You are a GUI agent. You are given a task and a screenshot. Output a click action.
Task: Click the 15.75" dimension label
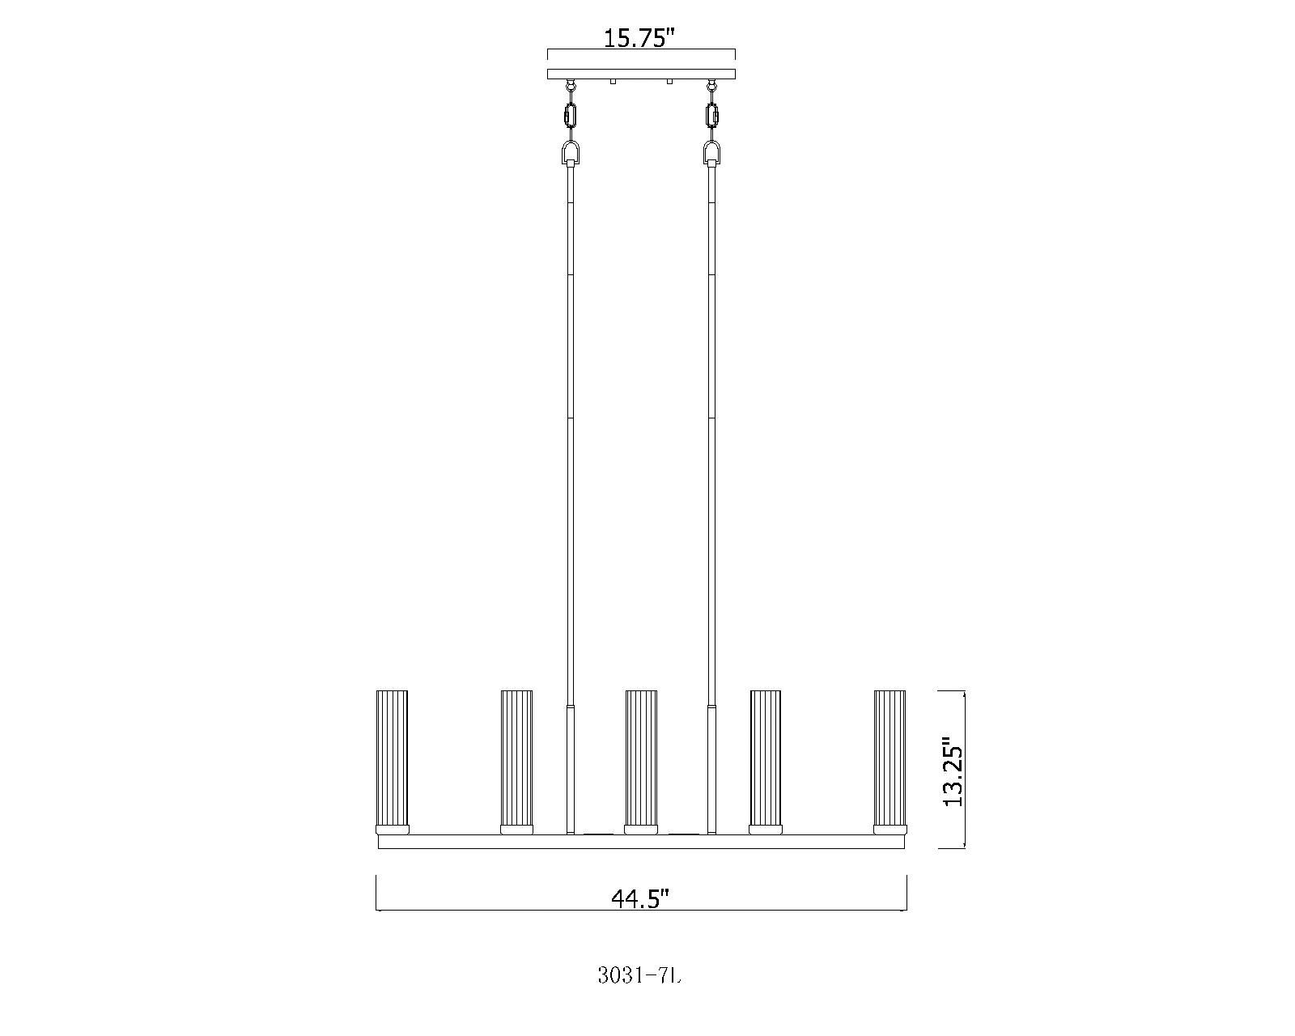(639, 38)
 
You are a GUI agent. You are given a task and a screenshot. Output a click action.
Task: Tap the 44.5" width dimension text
(640, 898)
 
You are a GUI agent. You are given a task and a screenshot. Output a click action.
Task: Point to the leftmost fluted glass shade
(392, 757)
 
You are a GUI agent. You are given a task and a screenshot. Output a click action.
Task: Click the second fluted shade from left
(516, 757)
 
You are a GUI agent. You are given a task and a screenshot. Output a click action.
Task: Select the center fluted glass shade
(640, 757)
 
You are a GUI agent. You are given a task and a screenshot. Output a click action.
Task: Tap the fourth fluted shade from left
(765, 757)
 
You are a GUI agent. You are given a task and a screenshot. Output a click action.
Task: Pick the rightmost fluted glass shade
(890, 757)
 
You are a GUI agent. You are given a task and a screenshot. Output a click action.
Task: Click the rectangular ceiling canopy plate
(641, 74)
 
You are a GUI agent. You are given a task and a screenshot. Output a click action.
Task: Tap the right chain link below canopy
(712, 116)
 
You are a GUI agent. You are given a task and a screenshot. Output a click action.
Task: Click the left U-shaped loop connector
(571, 152)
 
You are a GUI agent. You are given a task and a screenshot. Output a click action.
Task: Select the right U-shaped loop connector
(712, 152)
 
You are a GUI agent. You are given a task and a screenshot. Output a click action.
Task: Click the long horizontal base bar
(641, 842)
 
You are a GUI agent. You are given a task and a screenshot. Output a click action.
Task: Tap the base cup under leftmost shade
(392, 829)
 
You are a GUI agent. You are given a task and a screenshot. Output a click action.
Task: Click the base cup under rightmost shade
(890, 829)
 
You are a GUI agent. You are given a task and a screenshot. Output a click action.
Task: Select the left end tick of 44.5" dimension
(377, 892)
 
